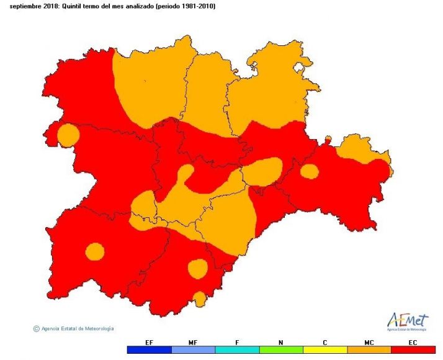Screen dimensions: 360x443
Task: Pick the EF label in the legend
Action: (149, 342)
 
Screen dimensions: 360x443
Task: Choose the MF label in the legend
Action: (193, 342)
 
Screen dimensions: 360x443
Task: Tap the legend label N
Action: (281, 342)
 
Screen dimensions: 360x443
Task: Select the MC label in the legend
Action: (369, 342)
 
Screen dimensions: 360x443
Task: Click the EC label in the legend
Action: (413, 342)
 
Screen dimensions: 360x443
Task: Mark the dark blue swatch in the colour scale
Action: (149, 350)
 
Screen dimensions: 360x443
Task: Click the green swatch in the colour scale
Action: (281, 350)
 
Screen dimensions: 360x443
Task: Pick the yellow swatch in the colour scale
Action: (325, 350)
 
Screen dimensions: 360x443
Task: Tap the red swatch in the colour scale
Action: (413, 350)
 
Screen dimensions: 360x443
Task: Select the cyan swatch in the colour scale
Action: (237, 350)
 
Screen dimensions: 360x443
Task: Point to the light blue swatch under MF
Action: (193, 350)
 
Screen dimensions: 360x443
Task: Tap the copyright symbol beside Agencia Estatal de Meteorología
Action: (37, 328)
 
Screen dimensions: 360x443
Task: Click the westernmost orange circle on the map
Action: (68, 135)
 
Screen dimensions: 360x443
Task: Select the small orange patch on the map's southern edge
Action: (199, 299)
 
